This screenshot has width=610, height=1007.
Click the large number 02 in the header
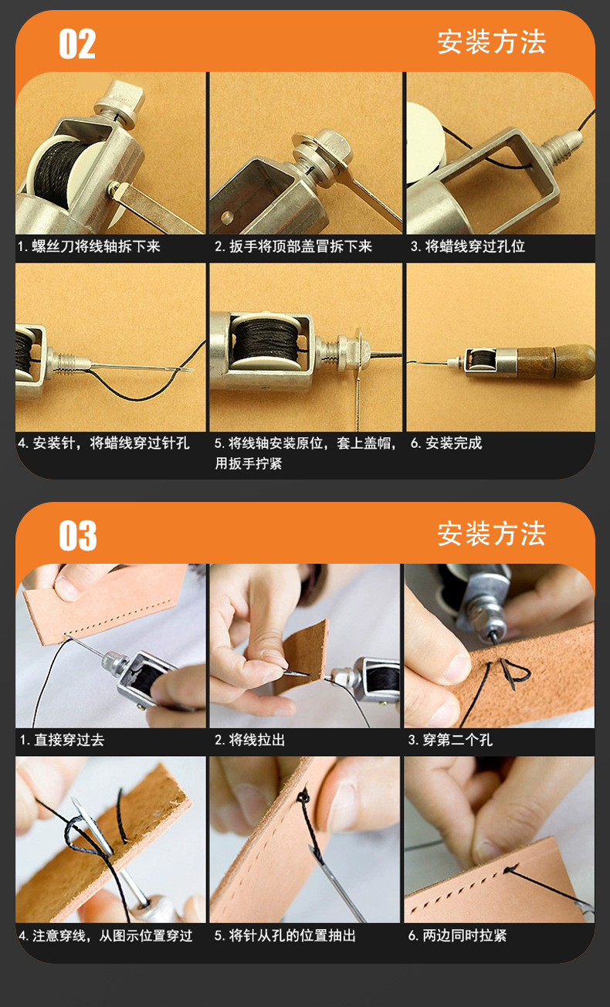pos(77,43)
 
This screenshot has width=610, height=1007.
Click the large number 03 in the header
pos(77,535)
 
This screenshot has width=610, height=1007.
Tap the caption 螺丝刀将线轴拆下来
pos(96,246)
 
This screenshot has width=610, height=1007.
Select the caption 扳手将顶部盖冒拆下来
pos(300,246)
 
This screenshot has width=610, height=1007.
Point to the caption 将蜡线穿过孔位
pos(475,246)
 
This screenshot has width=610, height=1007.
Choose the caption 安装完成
pos(453,443)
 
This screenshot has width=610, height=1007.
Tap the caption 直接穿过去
pos(69,740)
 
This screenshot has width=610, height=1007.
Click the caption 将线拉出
pos(256,740)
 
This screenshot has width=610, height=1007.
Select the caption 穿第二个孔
pos(458,740)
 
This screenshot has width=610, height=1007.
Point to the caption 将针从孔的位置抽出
pos(292,935)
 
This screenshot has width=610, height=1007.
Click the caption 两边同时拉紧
pos(464,935)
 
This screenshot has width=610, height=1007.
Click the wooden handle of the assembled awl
pos(556,362)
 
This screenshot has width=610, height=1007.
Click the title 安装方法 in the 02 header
pos(491,42)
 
